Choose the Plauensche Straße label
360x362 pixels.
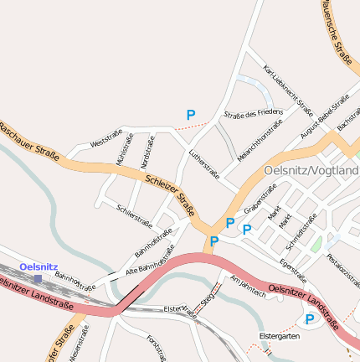click(334, 28)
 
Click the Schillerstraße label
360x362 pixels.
click(135, 216)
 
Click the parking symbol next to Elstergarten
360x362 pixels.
click(310, 319)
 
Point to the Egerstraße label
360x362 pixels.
click(293, 270)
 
